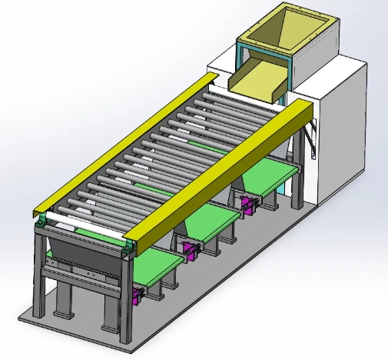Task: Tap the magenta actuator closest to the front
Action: tap(138, 295)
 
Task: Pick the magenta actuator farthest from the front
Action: tap(247, 204)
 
